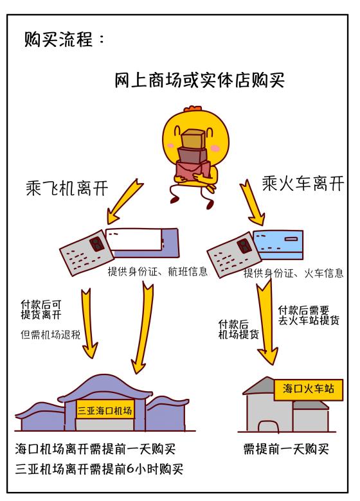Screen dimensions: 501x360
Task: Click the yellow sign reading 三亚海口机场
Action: point(104,410)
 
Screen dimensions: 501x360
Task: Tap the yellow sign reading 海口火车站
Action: point(308,389)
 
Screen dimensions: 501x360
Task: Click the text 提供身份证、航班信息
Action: point(157,272)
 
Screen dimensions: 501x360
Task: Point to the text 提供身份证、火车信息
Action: point(293,274)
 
